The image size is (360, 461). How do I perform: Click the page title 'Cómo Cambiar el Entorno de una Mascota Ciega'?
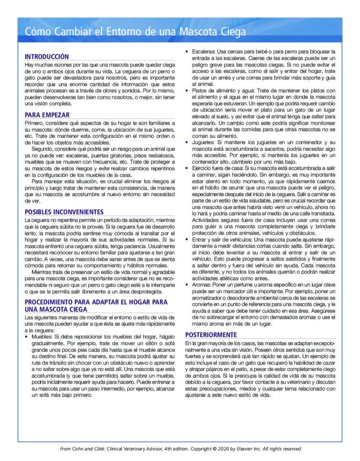pyautogui.click(x=135, y=32)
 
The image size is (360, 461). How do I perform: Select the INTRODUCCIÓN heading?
pyautogui.click(x=47, y=57)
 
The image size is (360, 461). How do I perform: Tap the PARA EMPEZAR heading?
pyautogui.click(x=47, y=115)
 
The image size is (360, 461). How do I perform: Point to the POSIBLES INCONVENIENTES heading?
pyautogui.click(x=64, y=212)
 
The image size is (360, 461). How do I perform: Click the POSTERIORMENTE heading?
pyautogui.click(x=211, y=335)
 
